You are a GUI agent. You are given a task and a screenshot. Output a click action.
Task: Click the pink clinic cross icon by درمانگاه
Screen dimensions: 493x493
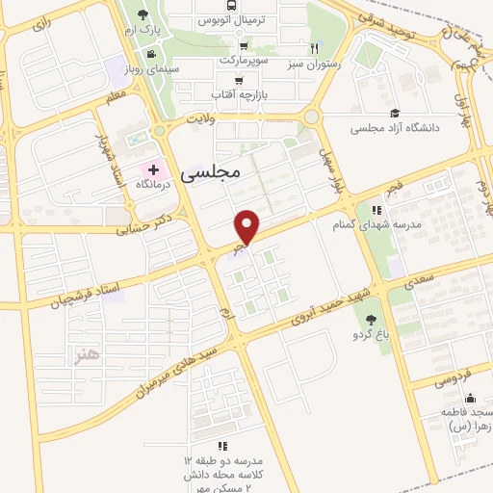coord(153,169)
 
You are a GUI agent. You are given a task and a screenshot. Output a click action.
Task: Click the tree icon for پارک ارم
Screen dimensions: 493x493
coord(143,14)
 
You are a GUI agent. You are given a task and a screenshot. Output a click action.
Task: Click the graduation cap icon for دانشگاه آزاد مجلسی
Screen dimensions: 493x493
coord(393,114)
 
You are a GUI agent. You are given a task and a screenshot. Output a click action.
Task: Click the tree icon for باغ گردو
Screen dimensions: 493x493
coord(371,321)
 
